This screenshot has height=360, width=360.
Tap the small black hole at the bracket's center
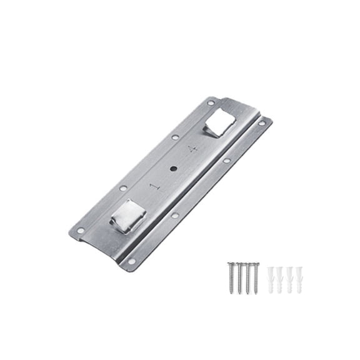(174, 168)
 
